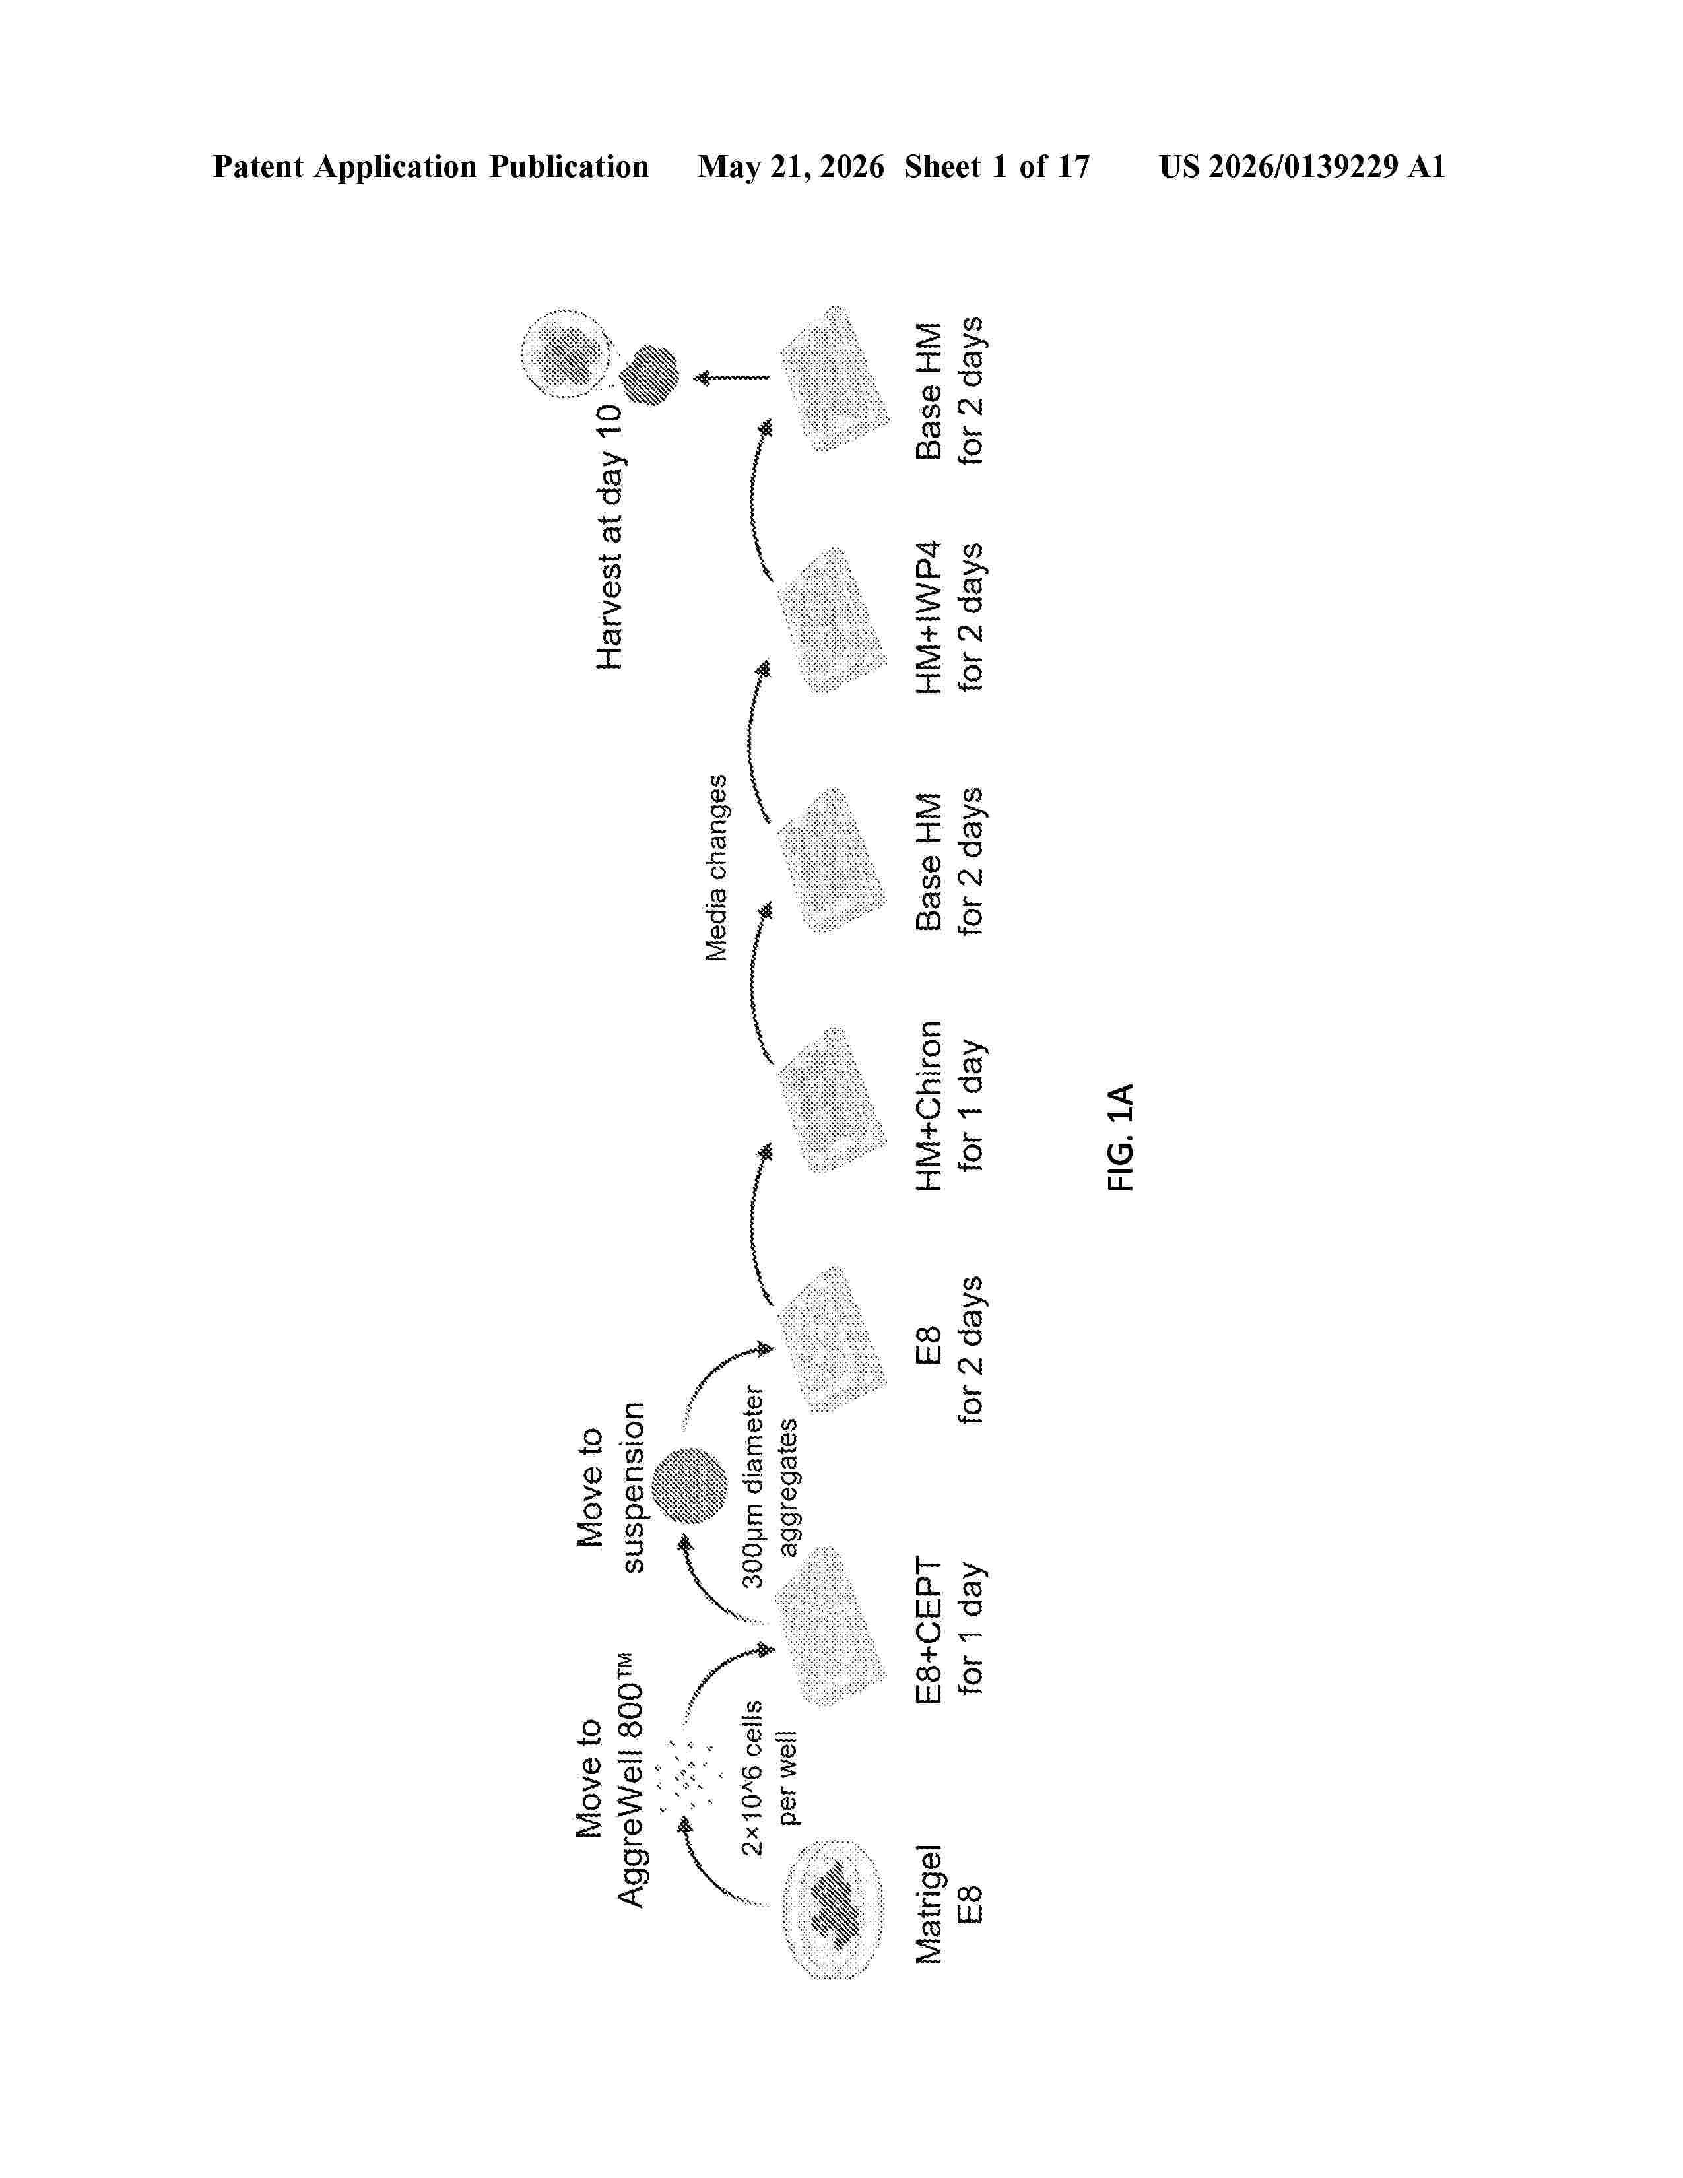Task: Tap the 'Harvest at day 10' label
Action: (609, 537)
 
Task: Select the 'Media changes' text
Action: (716, 868)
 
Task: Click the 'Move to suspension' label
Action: (610, 1487)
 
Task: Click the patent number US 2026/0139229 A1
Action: (1302, 166)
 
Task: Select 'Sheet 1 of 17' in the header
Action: (997, 166)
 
